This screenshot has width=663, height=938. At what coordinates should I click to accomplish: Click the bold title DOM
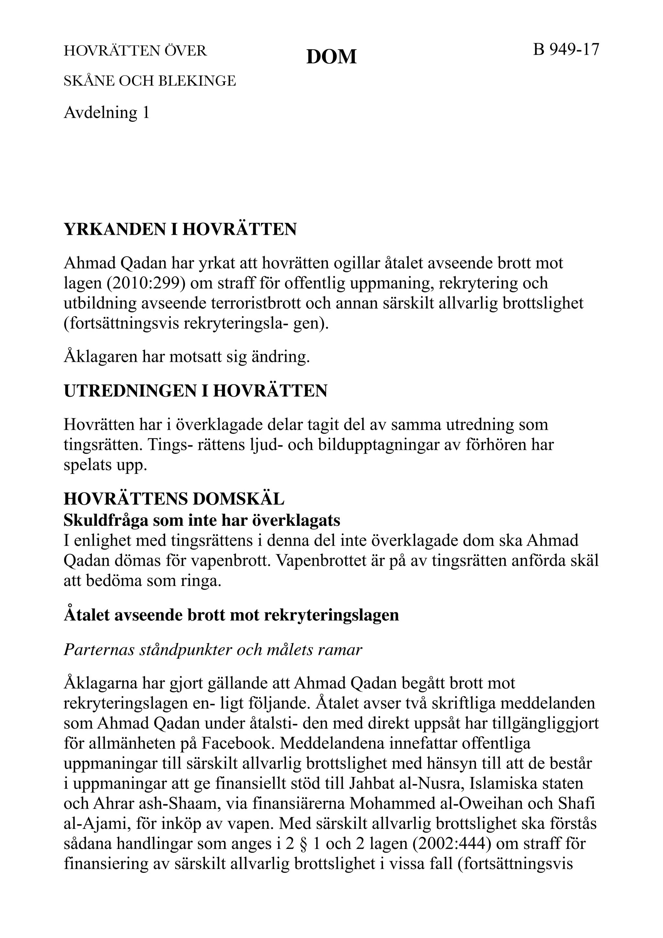point(331,57)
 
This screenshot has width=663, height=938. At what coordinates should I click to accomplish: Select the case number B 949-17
point(566,50)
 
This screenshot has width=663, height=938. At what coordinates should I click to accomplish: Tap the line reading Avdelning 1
point(107,112)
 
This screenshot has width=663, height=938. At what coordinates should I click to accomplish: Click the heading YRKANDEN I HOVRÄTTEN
point(180,230)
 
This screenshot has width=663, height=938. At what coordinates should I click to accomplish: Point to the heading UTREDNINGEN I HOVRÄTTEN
point(196,391)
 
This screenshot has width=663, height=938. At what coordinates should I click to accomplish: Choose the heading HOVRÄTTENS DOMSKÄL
point(174,499)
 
